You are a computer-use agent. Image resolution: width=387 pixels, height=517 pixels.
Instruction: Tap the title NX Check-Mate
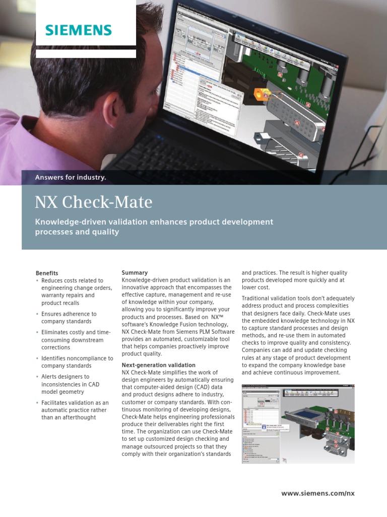pyautogui.click(x=93, y=202)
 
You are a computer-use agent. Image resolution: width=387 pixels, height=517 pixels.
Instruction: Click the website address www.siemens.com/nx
pyautogui.click(x=318, y=493)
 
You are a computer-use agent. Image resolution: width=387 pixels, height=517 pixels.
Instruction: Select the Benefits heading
pyautogui.click(x=46, y=273)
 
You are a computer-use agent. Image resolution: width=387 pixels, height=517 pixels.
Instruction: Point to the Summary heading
pyautogui.click(x=135, y=273)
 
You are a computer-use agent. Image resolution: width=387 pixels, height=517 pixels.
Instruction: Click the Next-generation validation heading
pyautogui.click(x=158, y=365)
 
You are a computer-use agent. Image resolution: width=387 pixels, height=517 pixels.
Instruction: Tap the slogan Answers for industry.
pyautogui.click(x=70, y=177)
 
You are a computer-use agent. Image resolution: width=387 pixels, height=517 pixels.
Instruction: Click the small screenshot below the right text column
pyautogui.click(x=298, y=423)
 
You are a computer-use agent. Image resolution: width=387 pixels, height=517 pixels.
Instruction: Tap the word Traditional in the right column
pyautogui.click(x=258, y=298)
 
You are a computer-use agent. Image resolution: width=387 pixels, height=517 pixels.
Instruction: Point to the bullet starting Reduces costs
pyautogui.click(x=72, y=291)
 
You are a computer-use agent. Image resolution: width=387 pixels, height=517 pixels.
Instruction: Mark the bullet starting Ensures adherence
pyautogui.click(x=69, y=318)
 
